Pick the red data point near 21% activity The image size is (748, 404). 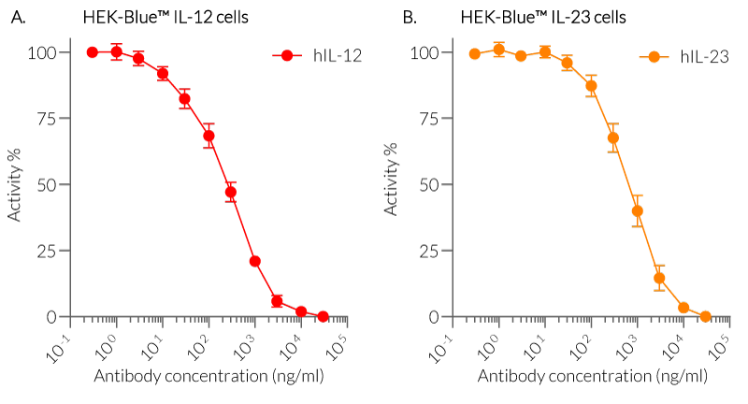(254, 261)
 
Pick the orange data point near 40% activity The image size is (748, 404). (637, 211)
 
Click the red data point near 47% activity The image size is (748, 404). (231, 192)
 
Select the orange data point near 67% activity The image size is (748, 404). (613, 138)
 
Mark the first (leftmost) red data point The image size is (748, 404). (93, 52)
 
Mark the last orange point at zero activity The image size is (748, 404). (706, 316)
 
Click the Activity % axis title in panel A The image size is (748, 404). (16, 184)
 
